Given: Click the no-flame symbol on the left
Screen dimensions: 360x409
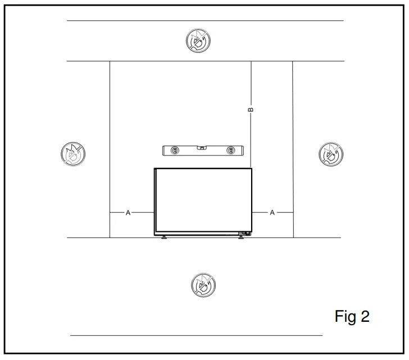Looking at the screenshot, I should point(73,153).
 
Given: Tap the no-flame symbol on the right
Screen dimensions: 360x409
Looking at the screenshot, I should point(331,153).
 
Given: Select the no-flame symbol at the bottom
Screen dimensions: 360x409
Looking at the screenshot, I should point(203,284).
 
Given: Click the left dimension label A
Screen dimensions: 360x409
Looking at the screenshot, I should point(128,213).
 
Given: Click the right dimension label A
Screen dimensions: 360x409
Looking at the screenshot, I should point(272,213).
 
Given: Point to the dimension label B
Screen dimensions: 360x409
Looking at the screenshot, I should point(251,109).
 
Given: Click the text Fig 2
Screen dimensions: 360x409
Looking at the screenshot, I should point(352,317).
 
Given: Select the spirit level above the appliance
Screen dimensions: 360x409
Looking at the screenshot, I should point(203,150).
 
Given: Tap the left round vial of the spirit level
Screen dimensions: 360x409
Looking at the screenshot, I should point(174,151).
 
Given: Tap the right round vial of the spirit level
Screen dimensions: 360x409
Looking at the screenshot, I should point(230,151).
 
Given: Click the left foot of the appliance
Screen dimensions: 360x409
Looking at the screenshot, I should point(164,238).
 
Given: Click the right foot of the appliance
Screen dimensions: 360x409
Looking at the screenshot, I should point(242,238).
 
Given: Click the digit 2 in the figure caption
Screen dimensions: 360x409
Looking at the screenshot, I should point(365,317).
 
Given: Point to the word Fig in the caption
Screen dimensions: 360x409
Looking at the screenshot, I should point(346,317).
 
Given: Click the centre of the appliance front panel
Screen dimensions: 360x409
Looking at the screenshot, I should point(203,200).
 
